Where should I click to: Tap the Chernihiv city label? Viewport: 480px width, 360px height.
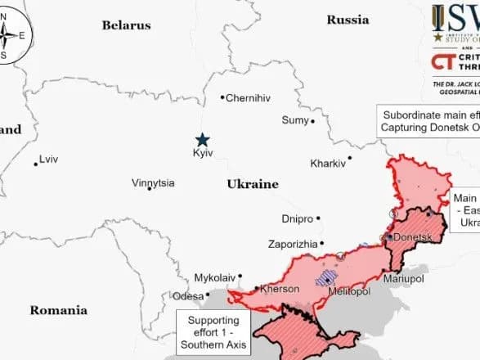pyautogui.click(x=248, y=98)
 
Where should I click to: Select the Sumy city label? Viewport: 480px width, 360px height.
pyautogui.click(x=294, y=120)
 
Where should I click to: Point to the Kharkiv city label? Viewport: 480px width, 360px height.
pyautogui.click(x=328, y=164)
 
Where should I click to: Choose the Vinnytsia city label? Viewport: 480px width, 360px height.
pyautogui.click(x=153, y=183)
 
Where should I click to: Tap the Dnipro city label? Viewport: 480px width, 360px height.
pyautogui.click(x=297, y=219)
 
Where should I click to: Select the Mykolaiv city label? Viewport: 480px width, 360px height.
pyautogui.click(x=215, y=278)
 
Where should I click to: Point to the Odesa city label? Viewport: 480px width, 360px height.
pyautogui.click(x=187, y=296)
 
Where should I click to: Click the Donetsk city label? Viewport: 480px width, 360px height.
pyautogui.click(x=411, y=236)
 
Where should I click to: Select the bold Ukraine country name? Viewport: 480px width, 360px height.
pyautogui.click(x=253, y=184)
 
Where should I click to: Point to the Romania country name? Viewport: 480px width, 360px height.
pyautogui.click(x=58, y=310)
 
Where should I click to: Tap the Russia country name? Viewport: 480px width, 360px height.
pyautogui.click(x=348, y=19)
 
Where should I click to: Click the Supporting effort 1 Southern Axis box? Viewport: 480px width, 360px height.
pyautogui.click(x=213, y=327)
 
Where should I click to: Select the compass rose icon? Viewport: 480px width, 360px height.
pyautogui.click(x=15, y=34)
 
